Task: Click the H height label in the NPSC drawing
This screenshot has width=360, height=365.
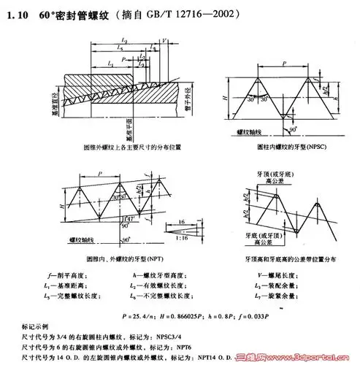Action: pyautogui.click(x=221, y=95)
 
